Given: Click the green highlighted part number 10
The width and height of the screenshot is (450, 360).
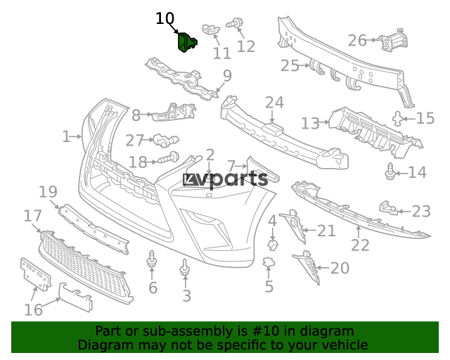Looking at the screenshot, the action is pyautogui.click(x=187, y=42).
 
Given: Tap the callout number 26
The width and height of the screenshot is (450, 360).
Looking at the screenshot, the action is pyautogui.click(x=357, y=41).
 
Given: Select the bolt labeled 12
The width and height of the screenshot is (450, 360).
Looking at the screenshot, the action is pyautogui.click(x=234, y=23).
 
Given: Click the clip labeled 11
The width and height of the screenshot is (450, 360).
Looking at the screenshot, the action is pyautogui.click(x=211, y=29).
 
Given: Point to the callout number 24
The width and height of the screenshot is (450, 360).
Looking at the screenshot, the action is pyautogui.click(x=274, y=103).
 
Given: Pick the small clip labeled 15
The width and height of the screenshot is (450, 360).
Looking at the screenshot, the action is pyautogui.click(x=397, y=119).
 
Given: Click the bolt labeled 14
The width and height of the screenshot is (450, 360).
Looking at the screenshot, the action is pyautogui.click(x=390, y=172).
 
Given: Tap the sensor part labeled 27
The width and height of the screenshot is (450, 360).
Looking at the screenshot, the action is pyautogui.click(x=166, y=141).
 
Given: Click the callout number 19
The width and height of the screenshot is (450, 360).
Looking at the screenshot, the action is pyautogui.click(x=48, y=191).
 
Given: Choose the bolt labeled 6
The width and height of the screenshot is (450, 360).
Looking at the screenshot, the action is pyautogui.click(x=151, y=260).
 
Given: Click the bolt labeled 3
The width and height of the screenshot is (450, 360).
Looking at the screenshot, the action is pyautogui.click(x=185, y=267).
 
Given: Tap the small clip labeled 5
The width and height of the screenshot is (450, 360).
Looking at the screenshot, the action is pyautogui.click(x=269, y=262).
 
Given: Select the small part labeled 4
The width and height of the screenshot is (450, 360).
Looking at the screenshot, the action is pyautogui.click(x=273, y=245).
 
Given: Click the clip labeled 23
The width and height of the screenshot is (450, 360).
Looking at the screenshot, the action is pyautogui.click(x=389, y=208).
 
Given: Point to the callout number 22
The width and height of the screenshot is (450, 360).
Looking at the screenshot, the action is pyautogui.click(x=360, y=245).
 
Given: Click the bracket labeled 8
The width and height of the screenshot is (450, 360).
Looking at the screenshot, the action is pyautogui.click(x=174, y=112).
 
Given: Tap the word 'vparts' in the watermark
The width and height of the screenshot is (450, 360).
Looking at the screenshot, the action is pyautogui.click(x=234, y=180).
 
